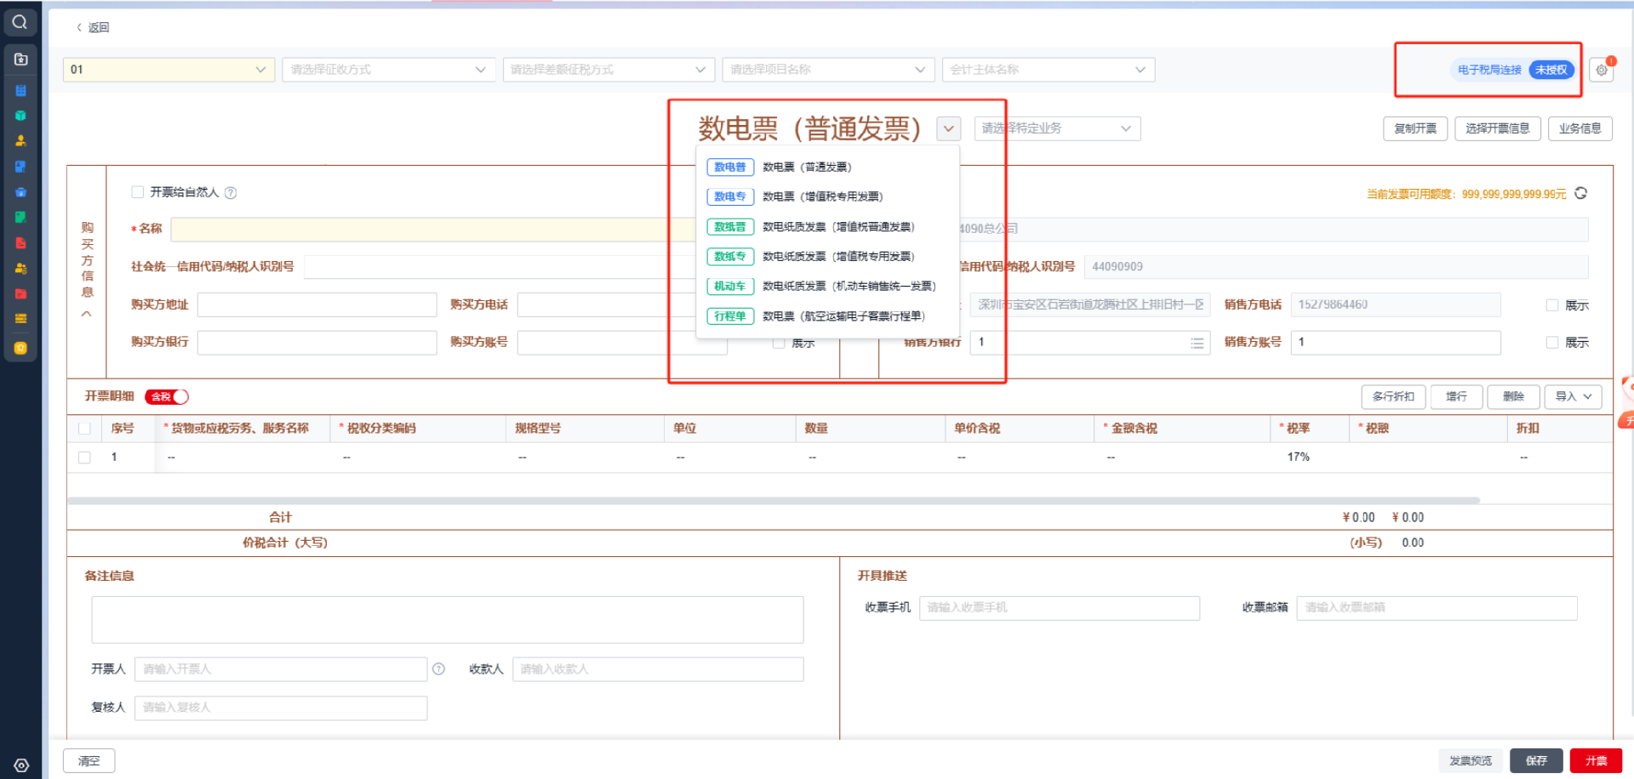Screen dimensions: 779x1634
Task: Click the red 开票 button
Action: tap(1596, 761)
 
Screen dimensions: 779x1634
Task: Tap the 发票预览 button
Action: tap(1471, 761)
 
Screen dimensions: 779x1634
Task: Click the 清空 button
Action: tap(89, 761)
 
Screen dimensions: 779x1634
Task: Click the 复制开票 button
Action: tap(1414, 128)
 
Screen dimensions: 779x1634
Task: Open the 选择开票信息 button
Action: tap(1497, 128)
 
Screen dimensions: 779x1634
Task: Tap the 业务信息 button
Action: tap(1580, 128)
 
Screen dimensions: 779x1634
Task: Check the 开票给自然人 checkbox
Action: tap(138, 192)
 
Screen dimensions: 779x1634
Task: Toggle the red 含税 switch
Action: tap(167, 396)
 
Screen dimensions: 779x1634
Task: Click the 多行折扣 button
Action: tap(1393, 396)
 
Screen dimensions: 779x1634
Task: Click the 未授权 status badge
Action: tap(1551, 70)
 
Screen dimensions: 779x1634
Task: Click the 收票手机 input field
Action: tap(1059, 607)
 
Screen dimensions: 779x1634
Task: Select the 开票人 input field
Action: tap(281, 669)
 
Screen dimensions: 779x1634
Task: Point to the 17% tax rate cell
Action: tap(1298, 458)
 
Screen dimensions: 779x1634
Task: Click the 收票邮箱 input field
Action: tap(1436, 607)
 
